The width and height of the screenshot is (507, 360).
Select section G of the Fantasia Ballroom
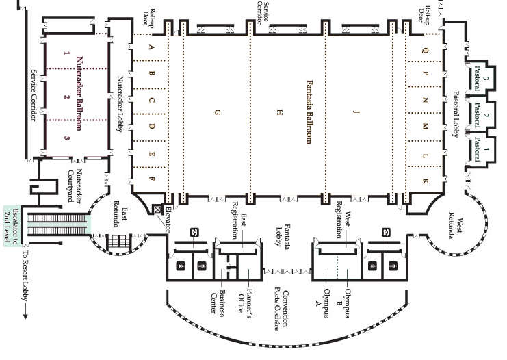[218, 112]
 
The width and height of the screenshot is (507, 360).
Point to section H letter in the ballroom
[279, 111]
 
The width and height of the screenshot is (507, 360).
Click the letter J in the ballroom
[355, 111]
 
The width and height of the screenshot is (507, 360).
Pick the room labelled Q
[425, 50]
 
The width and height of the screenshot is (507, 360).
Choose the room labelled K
[425, 179]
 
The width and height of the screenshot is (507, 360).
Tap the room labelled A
[152, 47]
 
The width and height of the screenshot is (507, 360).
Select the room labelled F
[152, 179]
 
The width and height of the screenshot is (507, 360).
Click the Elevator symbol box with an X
[157, 209]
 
